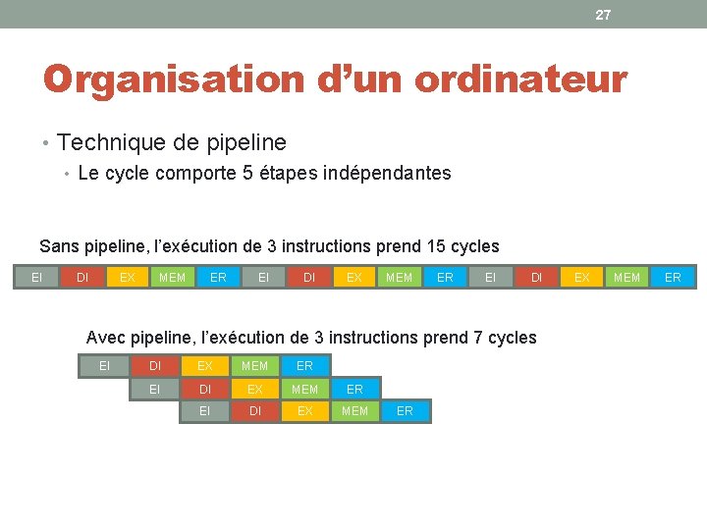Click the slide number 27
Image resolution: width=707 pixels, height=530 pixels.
tap(604, 15)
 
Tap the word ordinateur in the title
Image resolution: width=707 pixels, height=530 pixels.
tap(521, 79)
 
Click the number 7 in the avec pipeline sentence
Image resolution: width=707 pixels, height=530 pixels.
tap(478, 338)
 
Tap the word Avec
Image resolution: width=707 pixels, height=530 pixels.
tap(106, 338)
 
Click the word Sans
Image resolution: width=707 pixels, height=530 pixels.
tap(58, 246)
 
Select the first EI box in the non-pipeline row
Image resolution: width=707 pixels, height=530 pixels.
tap(36, 278)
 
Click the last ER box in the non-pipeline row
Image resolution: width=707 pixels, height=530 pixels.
tap(673, 278)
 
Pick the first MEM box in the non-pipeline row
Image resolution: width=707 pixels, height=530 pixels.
tap(172, 278)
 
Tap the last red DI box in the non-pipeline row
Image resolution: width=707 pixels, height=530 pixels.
tap(536, 278)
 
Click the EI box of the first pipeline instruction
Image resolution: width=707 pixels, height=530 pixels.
tap(104, 366)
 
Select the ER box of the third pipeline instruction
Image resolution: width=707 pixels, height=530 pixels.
tap(405, 411)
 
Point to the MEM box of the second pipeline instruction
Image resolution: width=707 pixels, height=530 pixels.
tap(305, 389)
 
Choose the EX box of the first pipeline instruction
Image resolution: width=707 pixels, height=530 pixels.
tap(205, 366)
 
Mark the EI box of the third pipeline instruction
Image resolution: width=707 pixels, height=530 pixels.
tap(205, 411)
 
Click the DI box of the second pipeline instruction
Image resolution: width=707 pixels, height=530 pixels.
tap(205, 389)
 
